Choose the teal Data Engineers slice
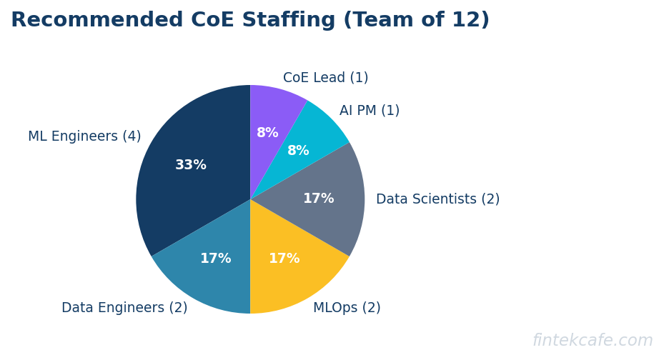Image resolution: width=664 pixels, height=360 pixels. pos(207,275)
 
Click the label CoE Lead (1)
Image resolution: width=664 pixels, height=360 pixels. pos(325,78)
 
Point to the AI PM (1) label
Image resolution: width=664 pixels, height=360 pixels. pos(369,111)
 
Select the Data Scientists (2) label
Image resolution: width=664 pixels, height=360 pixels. pos(437,199)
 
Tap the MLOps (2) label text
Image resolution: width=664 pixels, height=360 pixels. pos(347,308)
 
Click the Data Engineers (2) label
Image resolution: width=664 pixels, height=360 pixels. pos(124,308)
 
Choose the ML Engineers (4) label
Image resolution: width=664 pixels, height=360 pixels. pos(84,136)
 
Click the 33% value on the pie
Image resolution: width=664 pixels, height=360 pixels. pos(191,165)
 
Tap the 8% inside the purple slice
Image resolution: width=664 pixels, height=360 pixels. pos(267,133)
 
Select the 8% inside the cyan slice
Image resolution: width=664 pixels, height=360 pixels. pos(298,151)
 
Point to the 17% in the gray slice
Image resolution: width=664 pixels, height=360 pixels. pos(318,199)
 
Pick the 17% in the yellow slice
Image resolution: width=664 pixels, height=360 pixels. pos(284,259)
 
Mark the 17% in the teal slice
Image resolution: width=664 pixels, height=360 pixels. pos(215,259)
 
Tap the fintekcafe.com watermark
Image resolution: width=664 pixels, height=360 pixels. pos(592,341)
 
